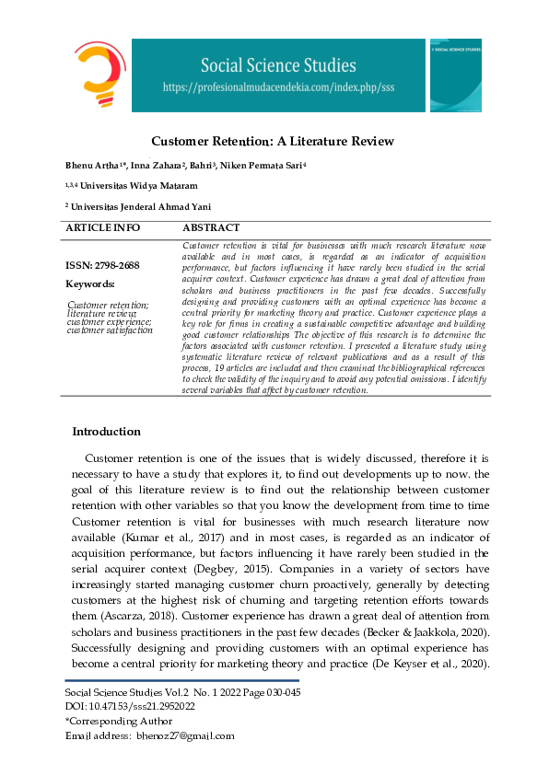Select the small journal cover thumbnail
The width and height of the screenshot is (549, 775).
455,75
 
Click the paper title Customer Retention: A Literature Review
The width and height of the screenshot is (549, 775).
273,141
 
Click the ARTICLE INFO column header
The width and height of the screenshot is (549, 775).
102,227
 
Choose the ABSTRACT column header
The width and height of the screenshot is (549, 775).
211,227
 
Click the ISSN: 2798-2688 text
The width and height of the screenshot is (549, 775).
102,266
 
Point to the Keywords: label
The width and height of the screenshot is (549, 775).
90,284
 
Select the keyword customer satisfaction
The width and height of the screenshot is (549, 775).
111,330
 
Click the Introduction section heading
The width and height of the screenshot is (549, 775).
106,432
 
